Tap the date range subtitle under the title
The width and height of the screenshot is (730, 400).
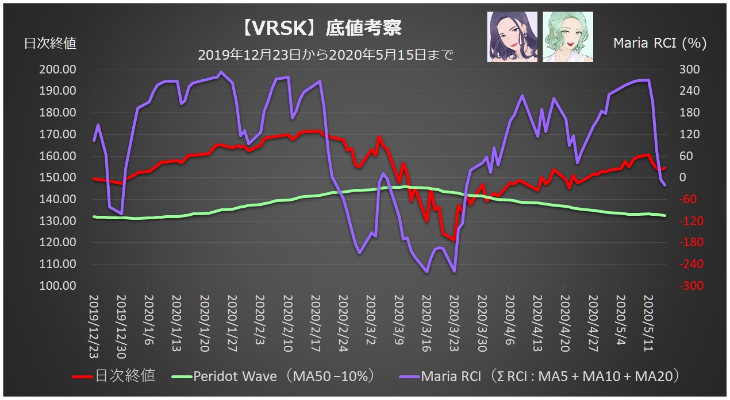point(325,56)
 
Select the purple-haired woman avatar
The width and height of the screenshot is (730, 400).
point(512,37)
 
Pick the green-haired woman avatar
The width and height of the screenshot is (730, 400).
point(567,37)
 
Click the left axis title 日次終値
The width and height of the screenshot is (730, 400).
point(50,43)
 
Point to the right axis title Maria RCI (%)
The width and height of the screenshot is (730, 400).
point(660,43)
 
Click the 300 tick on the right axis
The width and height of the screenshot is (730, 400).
point(690,69)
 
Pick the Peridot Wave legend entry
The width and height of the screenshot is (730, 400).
point(274,376)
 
